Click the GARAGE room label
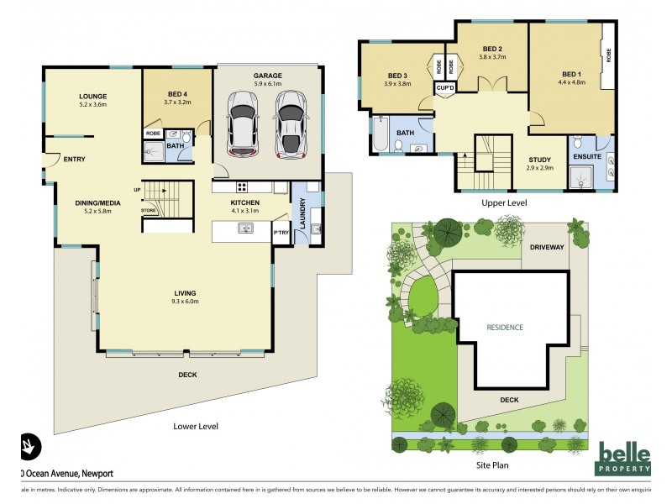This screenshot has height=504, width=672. (268, 76)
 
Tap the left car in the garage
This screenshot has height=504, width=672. (243, 125)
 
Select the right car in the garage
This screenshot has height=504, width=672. (291, 125)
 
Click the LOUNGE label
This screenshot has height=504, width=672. (93, 96)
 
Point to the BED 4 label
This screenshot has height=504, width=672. (177, 93)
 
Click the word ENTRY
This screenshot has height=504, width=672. (74, 159)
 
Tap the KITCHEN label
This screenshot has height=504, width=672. (245, 202)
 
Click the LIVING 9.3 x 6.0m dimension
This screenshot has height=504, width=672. (185, 301)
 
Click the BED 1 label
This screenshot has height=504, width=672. (570, 74)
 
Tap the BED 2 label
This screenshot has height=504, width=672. (492, 49)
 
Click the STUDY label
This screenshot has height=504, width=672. (538, 160)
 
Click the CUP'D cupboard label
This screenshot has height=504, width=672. (444, 87)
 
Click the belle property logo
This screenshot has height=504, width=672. (623, 458)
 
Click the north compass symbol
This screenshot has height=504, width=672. (27, 445)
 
